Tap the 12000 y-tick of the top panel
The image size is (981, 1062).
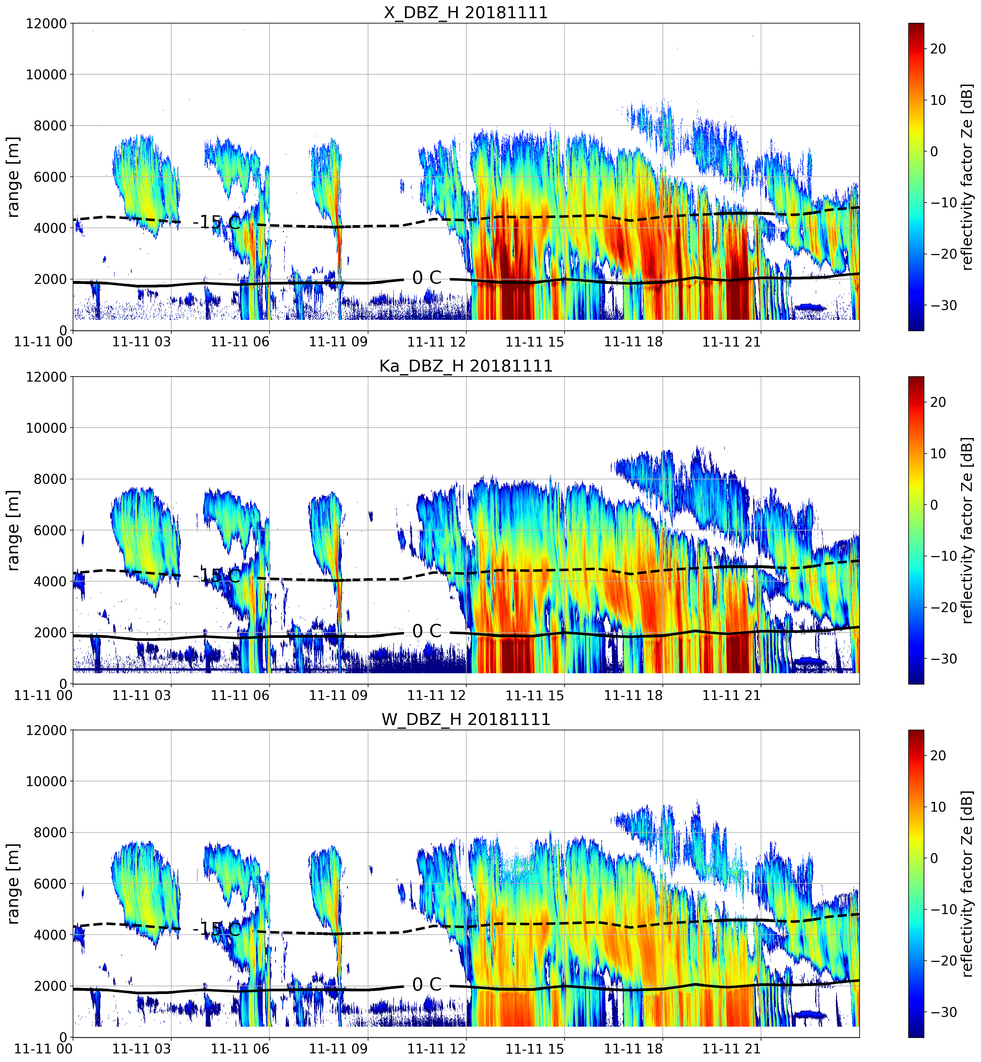[47, 24]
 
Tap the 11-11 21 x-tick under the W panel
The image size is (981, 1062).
[731, 1049]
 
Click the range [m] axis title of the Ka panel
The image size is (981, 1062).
[13, 530]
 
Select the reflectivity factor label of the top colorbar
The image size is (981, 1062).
[967, 177]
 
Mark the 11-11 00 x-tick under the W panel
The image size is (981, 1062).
[44, 1049]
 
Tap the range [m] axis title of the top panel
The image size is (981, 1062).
[13, 177]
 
